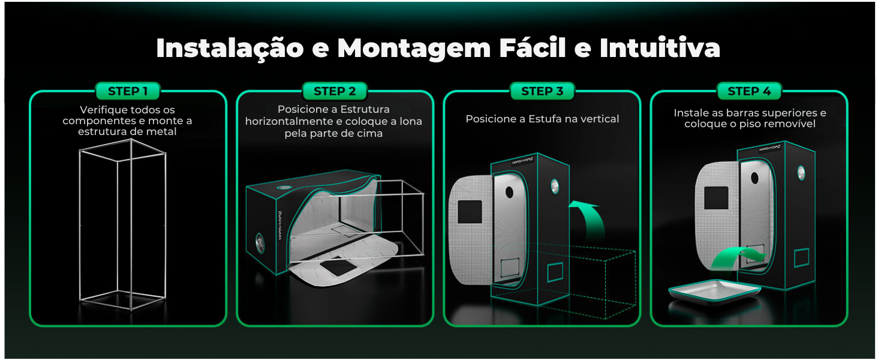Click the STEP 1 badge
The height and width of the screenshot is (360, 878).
coord(128,91)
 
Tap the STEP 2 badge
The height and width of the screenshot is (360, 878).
coord(335,91)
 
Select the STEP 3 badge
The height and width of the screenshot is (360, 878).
coord(542,91)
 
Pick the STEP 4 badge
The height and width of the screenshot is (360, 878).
coord(749,91)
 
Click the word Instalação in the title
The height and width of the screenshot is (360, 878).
coord(230,48)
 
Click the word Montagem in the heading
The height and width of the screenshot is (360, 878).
coord(414,49)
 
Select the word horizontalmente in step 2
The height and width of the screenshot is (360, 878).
coord(289,121)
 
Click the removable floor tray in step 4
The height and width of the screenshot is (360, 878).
coord(714,292)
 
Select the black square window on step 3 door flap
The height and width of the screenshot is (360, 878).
coord(470,212)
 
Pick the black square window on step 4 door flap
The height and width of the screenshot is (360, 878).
coord(716,198)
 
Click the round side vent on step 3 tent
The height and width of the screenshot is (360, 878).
coord(555,186)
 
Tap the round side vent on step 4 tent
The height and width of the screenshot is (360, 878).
coord(801,173)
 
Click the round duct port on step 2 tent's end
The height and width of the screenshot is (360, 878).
coord(260,243)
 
